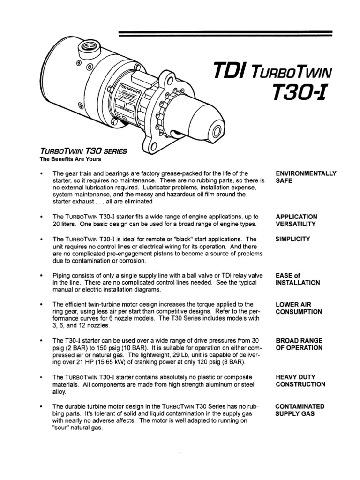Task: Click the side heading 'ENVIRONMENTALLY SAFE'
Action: coord(306,177)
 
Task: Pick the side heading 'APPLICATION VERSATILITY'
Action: coord(296,220)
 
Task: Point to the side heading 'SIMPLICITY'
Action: coord(293,239)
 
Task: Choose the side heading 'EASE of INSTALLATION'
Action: coord(298,279)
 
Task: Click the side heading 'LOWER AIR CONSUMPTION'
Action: coord(299,308)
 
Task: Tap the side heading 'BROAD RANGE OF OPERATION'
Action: coord(299,344)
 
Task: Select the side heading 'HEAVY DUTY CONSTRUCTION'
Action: coord(300,380)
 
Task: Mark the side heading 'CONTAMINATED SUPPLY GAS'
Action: coord(300,410)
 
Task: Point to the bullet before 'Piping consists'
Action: coord(42,275)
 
